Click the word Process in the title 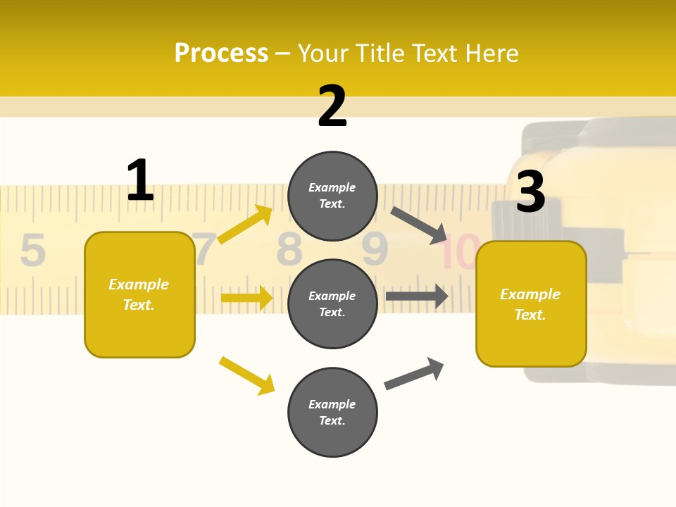coord(221,54)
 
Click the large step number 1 coord(140,181)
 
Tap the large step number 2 coord(332,106)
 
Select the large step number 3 coord(530,192)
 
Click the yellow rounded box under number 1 coord(139,294)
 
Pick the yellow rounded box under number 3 coord(531,303)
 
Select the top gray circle coord(332,196)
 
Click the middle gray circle coord(332,303)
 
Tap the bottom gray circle coord(332,412)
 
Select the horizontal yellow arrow coord(246,298)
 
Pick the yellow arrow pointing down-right coord(246,375)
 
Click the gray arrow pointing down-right coord(419,225)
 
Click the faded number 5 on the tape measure coord(32,250)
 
